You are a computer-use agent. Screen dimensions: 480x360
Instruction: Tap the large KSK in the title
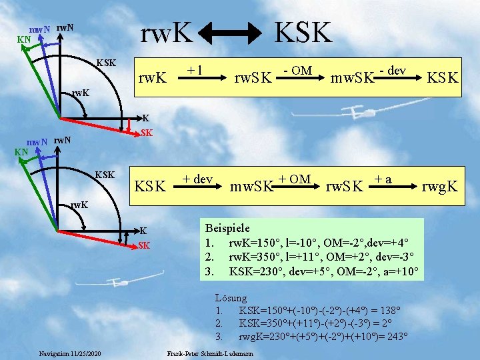[x=304, y=31]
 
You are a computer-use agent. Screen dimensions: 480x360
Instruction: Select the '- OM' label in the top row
[x=298, y=69]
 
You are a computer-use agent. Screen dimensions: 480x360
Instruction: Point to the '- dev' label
[x=393, y=69]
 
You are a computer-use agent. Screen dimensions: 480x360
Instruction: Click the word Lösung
[x=232, y=298]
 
